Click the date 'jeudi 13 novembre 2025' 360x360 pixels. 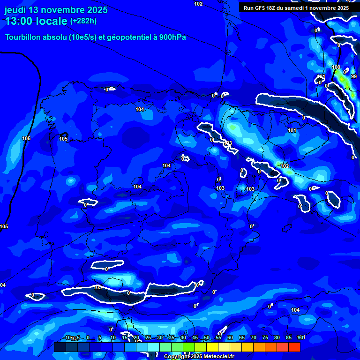point(56,10)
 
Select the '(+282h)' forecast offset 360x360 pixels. point(83,21)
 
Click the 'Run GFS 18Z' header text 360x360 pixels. point(259,8)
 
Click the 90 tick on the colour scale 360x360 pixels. point(300,338)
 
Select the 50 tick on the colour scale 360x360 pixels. point(207,338)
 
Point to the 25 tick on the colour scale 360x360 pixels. point(148,338)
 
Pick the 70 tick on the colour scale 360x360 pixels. point(254,338)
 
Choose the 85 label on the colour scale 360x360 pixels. point(289,338)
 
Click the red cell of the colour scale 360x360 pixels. point(294,347)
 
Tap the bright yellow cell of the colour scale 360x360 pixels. point(212,347)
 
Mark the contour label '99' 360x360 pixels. point(354,76)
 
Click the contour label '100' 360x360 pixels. point(336,67)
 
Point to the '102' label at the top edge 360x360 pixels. point(198,4)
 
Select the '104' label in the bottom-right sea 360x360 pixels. point(295,310)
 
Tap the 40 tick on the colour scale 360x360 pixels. point(183,338)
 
